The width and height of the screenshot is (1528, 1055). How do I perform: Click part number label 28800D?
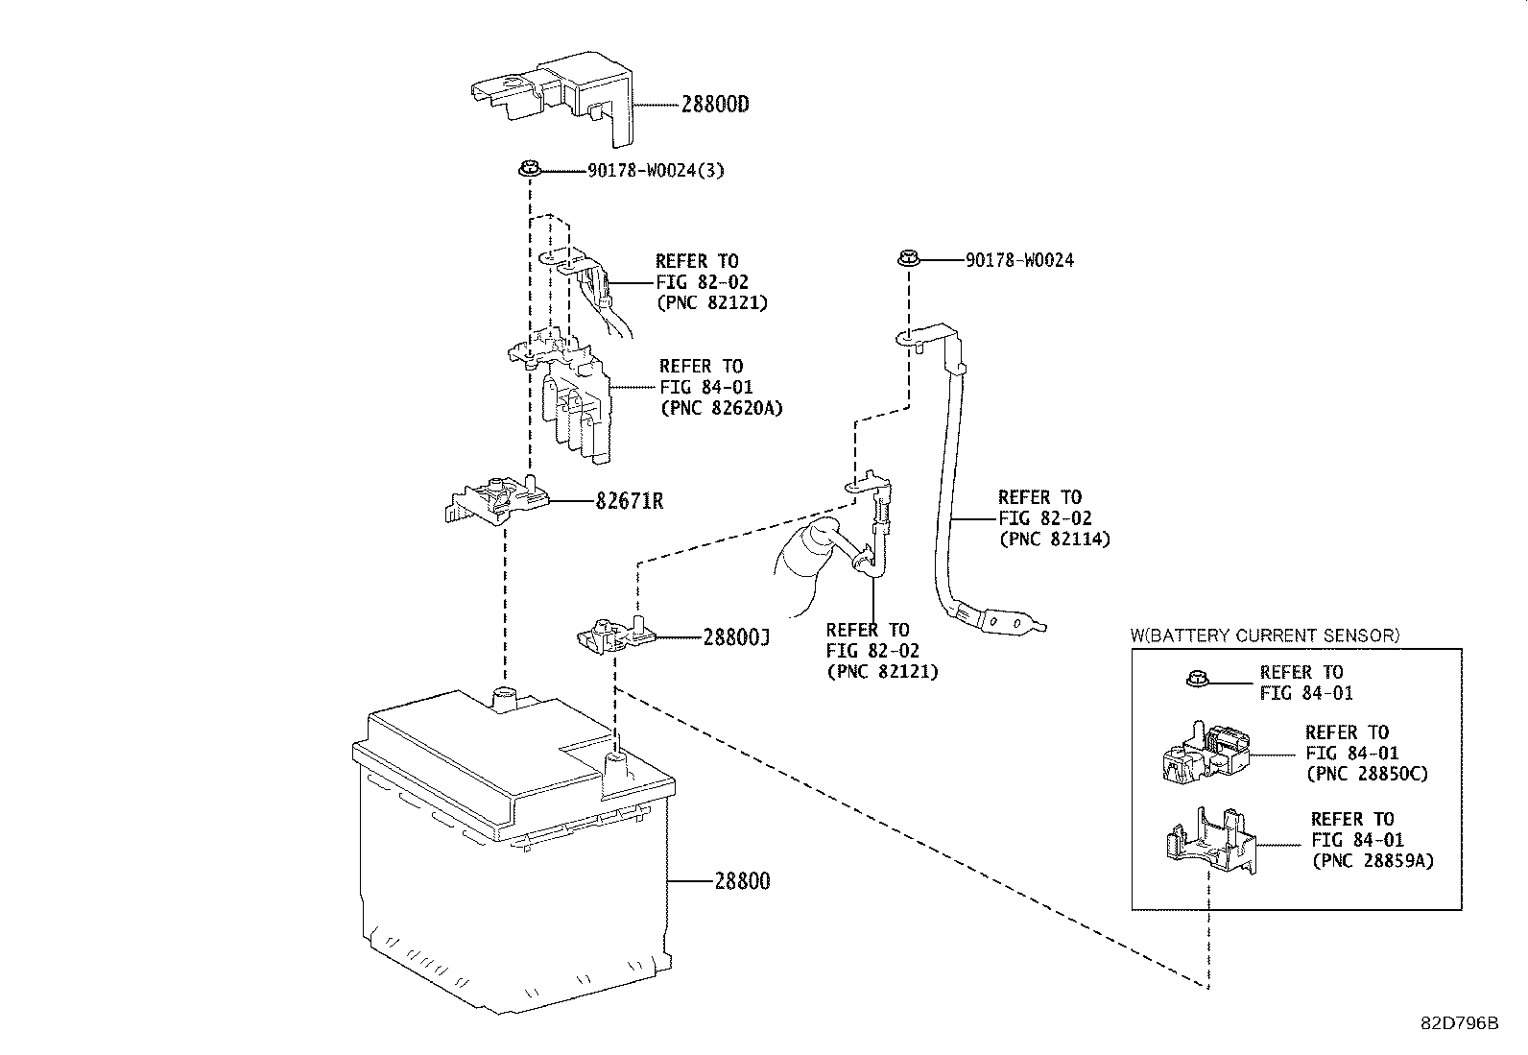point(714,105)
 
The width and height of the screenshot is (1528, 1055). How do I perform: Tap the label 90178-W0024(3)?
point(656,171)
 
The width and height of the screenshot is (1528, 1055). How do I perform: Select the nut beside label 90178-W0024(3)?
point(528,170)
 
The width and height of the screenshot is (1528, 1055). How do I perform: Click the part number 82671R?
point(629,501)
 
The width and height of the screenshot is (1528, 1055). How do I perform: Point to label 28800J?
point(736,636)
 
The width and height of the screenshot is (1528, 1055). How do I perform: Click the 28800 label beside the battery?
point(742,880)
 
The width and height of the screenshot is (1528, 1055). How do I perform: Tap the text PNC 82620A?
point(721,407)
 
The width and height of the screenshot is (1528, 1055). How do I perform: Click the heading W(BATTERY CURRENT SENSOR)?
point(1264,635)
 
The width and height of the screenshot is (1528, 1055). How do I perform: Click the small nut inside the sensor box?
point(1195,681)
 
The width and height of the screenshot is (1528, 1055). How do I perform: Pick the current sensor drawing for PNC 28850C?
point(1207,752)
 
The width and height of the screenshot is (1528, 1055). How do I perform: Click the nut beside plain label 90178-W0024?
point(908,258)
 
